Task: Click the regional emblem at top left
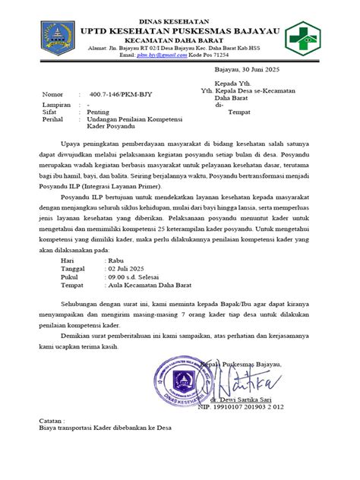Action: click(52, 36)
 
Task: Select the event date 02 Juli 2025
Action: click(127, 269)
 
